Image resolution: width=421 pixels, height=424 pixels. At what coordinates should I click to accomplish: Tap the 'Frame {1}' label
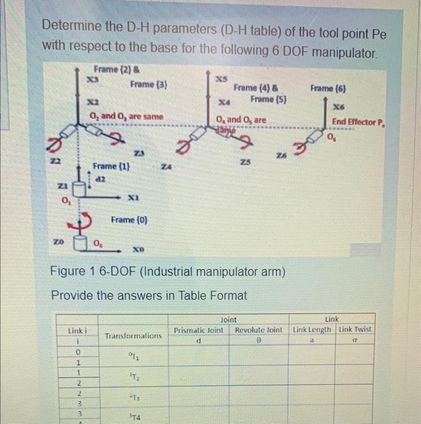click(110, 165)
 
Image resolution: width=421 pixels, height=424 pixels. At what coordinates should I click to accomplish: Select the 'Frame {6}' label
click(328, 88)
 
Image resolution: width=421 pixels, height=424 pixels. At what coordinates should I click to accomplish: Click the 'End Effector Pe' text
click(358, 121)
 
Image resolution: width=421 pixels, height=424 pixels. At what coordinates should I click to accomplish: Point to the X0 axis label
click(138, 249)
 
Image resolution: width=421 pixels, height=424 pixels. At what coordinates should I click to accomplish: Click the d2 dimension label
click(101, 177)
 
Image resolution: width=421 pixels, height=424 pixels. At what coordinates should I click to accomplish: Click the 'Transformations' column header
click(133, 335)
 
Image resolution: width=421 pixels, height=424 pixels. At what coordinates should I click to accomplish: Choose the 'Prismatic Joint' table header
click(198, 330)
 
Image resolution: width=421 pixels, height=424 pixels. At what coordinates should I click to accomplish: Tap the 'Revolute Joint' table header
click(258, 330)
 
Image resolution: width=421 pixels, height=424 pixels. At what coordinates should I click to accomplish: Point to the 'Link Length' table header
click(312, 330)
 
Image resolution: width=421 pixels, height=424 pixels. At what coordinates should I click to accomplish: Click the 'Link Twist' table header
click(355, 330)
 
